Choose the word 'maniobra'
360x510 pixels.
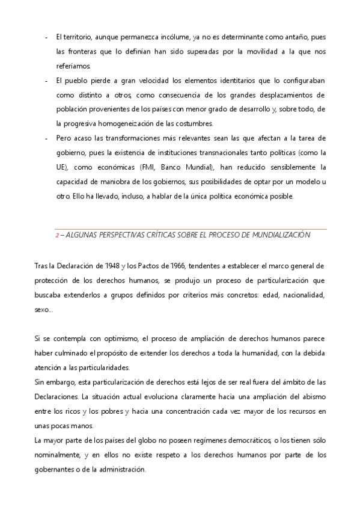coord(105,182)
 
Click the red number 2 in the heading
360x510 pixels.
coord(57,235)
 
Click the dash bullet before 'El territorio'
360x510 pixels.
coord(46,37)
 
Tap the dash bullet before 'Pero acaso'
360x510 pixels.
coord(46,138)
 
